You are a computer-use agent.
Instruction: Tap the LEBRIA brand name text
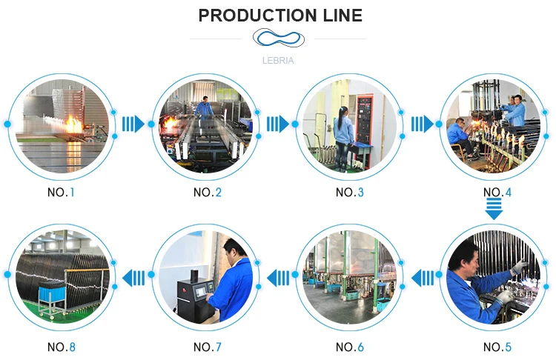[278, 61]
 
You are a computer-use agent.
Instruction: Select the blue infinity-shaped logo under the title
[278, 39]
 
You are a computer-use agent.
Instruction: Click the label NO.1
[62, 193]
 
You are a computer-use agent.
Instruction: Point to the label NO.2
[207, 193]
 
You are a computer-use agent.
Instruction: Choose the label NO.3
[350, 193]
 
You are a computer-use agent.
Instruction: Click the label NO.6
[350, 347]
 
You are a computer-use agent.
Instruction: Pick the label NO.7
[207, 347]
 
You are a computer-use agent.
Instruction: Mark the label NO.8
[62, 347]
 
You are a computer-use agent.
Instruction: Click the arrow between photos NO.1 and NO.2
[133, 123]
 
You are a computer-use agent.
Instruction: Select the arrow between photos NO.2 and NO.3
[278, 123]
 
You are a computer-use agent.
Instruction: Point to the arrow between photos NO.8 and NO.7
[134, 278]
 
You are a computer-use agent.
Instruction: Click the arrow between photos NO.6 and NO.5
[423, 278]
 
